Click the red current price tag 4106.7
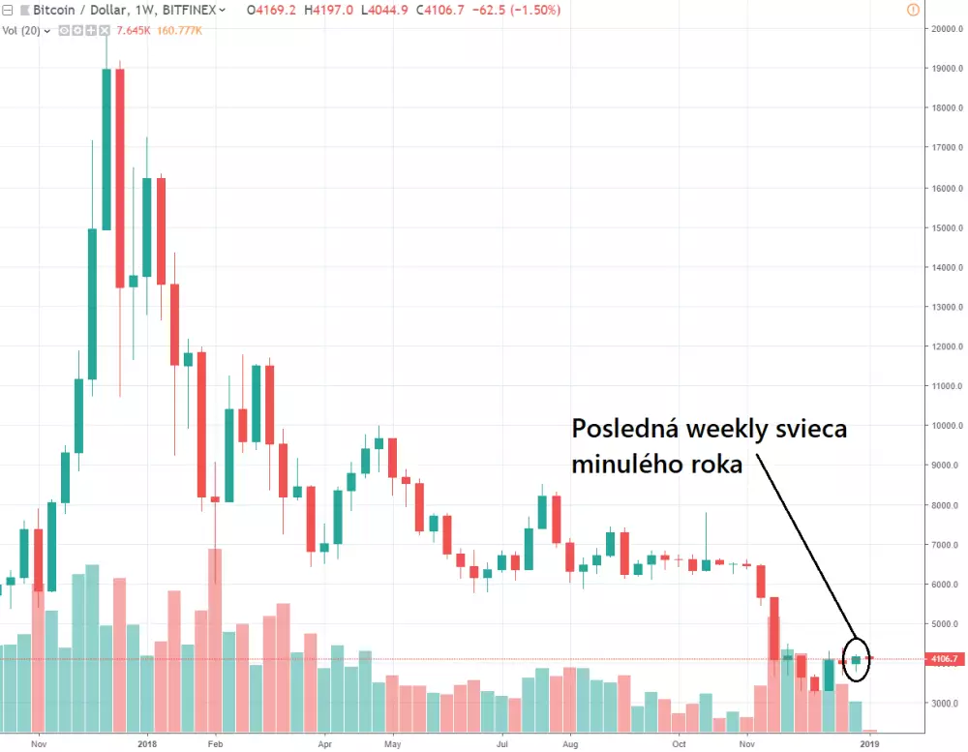pyautogui.click(x=945, y=659)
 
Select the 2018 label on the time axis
pyautogui.click(x=147, y=744)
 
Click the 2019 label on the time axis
pyautogui.click(x=870, y=744)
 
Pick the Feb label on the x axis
pyautogui.click(x=215, y=744)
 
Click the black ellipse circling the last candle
pyautogui.click(x=857, y=659)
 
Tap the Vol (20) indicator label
pyautogui.click(x=21, y=31)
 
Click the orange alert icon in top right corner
pyautogui.click(x=912, y=10)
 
